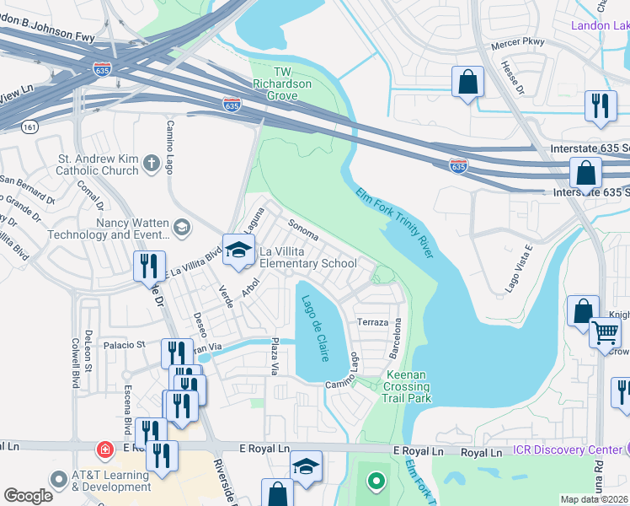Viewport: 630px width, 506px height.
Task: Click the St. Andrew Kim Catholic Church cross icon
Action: pos(151,163)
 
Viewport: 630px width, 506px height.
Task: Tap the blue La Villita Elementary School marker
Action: pos(238,251)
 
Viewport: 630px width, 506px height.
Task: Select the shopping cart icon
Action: pos(605,332)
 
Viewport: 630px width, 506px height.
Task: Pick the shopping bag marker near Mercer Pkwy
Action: pos(467,83)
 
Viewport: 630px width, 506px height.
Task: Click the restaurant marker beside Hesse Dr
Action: pos(601,105)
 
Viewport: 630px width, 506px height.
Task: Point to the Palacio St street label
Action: pos(125,345)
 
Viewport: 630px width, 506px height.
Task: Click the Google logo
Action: pos(28,495)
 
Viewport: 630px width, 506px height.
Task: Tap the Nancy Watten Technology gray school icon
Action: pos(181,227)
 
